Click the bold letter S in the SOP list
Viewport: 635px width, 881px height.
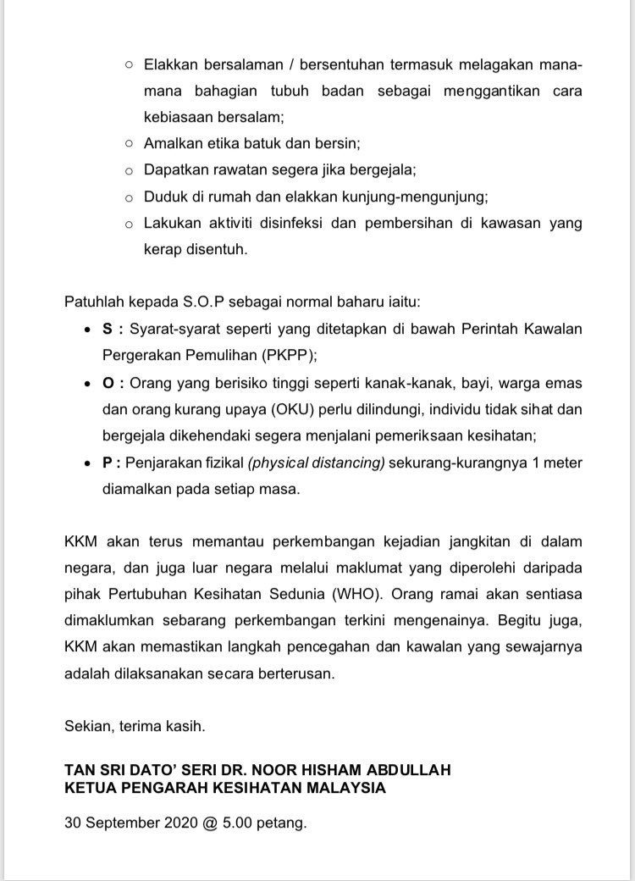(x=108, y=330)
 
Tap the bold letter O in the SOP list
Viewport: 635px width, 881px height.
(x=108, y=383)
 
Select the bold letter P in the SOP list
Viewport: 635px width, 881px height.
(x=108, y=463)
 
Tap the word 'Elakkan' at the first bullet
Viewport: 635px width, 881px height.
(x=168, y=64)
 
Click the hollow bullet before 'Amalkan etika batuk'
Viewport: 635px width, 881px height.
(x=129, y=144)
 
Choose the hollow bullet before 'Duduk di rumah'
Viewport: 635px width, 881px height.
(x=129, y=198)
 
